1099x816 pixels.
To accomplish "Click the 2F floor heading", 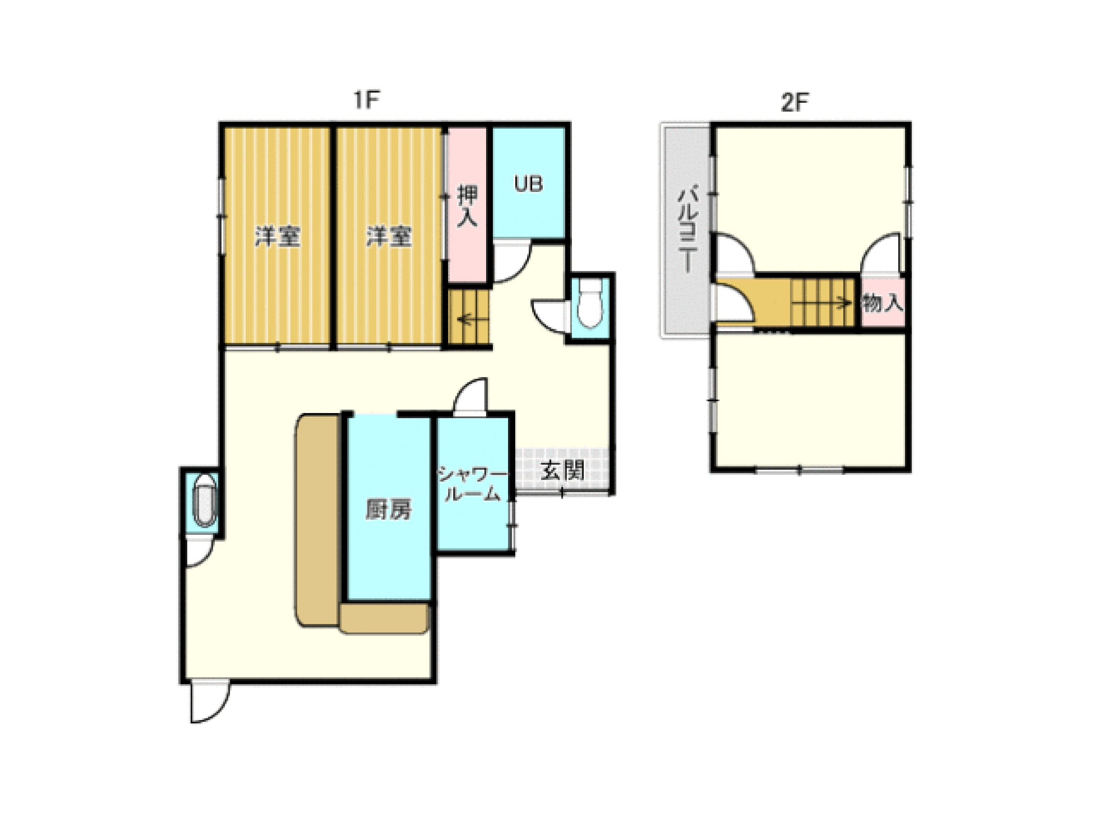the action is pos(794,103).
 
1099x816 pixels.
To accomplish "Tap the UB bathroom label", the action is pos(528,184).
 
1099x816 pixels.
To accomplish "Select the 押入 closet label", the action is pos(467,205).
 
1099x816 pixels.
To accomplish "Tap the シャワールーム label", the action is pos(473,484).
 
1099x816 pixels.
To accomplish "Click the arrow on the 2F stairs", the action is pos(821,302).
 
